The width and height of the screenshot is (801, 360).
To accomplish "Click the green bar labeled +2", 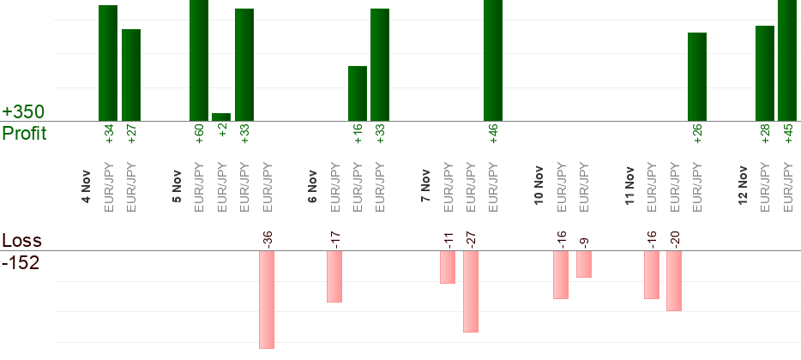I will [x=221, y=117].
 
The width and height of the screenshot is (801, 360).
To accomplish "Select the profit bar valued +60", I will [x=199, y=60].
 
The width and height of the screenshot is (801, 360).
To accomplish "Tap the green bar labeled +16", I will [x=358, y=93].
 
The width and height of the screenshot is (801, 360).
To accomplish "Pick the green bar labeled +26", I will [x=697, y=77].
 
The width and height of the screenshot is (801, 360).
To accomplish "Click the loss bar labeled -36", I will [x=267, y=299].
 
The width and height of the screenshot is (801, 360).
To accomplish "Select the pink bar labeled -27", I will [x=470, y=291].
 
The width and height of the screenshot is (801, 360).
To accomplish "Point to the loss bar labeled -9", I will [x=584, y=264].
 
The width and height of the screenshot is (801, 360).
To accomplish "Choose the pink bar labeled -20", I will [x=673, y=280].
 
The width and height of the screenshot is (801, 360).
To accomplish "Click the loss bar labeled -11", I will [x=448, y=267].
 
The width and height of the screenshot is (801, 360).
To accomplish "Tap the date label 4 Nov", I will [x=86, y=188].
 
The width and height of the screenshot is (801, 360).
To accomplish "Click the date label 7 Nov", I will [x=425, y=188].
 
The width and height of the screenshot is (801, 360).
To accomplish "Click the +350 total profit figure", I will [x=23, y=112].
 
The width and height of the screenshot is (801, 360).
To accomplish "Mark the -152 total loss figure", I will [x=21, y=263].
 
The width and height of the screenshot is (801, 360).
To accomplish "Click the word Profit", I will [x=24, y=134].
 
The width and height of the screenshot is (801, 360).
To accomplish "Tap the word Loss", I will [x=21, y=241].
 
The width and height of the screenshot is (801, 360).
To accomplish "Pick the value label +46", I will [x=493, y=135].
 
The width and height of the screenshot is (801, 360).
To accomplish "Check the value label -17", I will [x=334, y=238].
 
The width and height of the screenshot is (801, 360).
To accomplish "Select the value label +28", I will [x=765, y=135].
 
